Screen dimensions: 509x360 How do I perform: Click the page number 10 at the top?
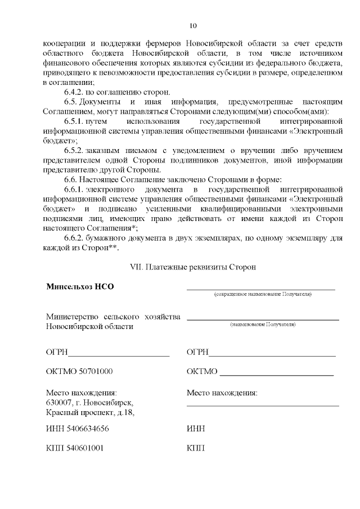click(x=193, y=25)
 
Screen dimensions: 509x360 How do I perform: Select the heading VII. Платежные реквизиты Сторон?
click(x=193, y=268)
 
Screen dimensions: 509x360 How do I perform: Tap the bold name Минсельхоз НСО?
click(x=80, y=286)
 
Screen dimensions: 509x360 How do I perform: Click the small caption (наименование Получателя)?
click(x=263, y=325)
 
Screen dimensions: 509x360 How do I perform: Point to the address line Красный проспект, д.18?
click(x=90, y=413)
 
